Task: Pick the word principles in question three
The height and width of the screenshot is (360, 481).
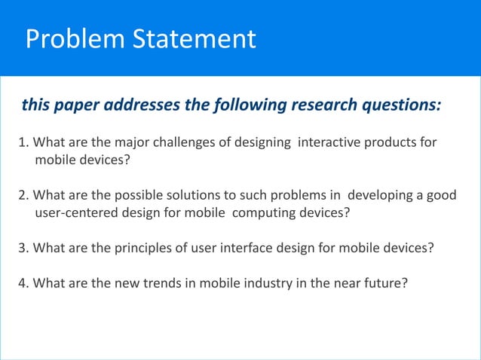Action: pyautogui.click(x=127, y=249)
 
